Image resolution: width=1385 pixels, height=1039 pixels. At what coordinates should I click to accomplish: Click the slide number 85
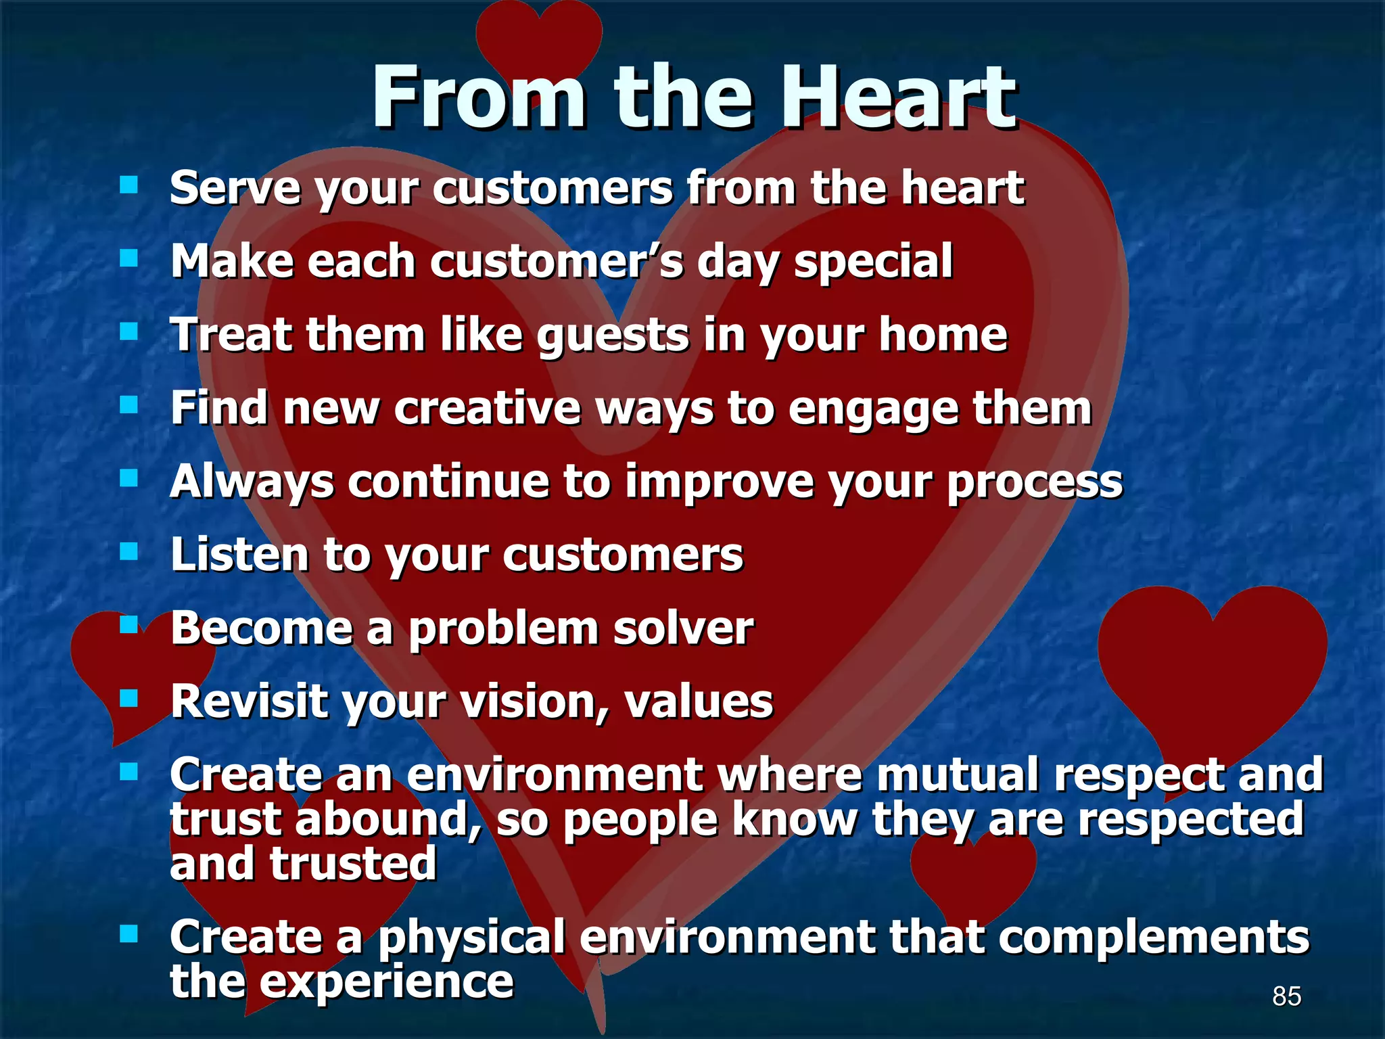point(1286,996)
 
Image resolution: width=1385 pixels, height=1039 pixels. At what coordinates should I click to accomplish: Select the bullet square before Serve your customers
point(128,185)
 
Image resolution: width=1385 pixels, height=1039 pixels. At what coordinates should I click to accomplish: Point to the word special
point(873,262)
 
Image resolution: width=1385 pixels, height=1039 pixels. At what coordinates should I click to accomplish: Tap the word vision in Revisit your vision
point(532,702)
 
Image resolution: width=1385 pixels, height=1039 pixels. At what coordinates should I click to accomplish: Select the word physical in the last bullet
point(471,938)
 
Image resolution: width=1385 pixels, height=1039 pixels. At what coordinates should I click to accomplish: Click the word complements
point(1153,938)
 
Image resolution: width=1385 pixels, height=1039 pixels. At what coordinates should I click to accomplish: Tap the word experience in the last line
point(387,982)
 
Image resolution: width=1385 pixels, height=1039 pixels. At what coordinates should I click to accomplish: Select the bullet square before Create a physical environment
point(128,934)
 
